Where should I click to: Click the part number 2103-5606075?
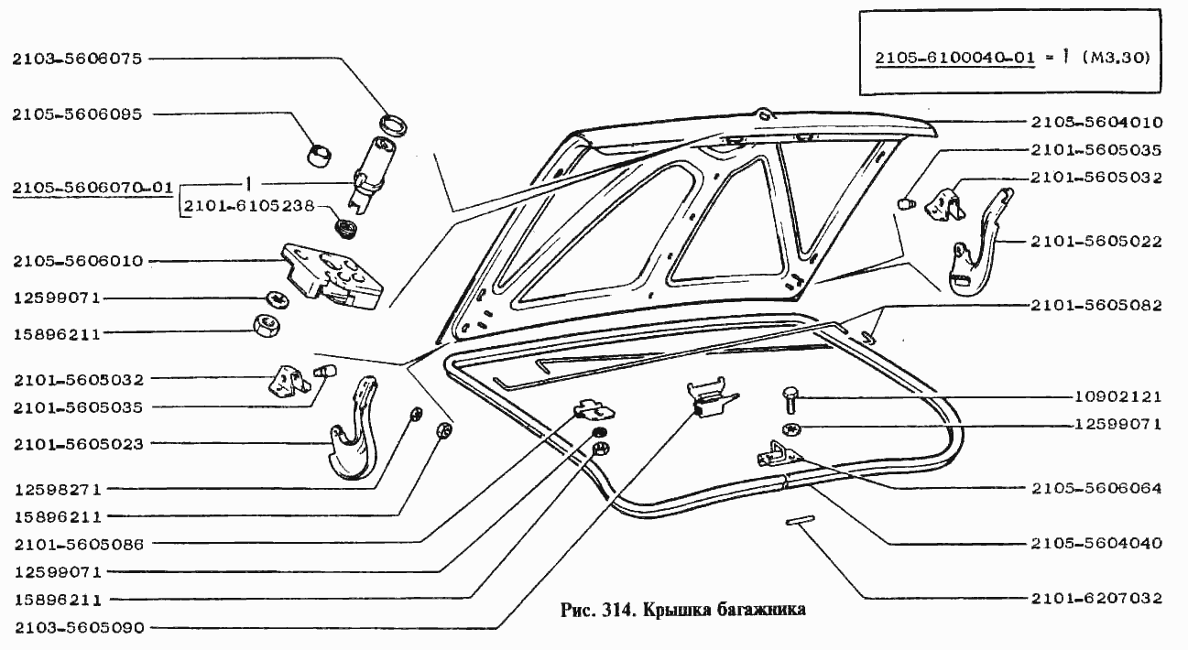tap(77, 59)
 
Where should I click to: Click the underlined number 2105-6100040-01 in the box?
tap(955, 58)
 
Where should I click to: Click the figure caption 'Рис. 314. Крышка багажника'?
tap(681, 611)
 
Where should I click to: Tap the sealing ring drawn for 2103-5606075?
tap(395, 124)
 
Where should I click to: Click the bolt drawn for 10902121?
tap(790, 400)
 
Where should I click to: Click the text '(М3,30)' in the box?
tap(1116, 58)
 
